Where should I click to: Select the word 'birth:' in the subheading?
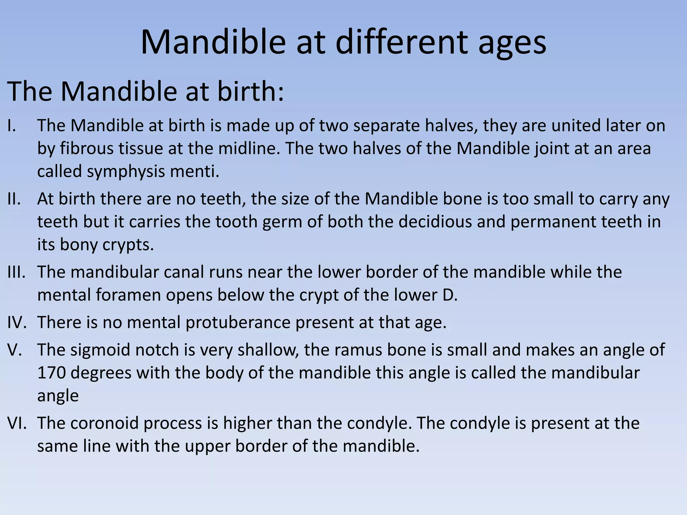(251, 91)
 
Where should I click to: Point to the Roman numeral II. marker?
(14, 199)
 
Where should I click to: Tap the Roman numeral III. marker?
(16, 272)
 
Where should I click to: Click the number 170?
(51, 373)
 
